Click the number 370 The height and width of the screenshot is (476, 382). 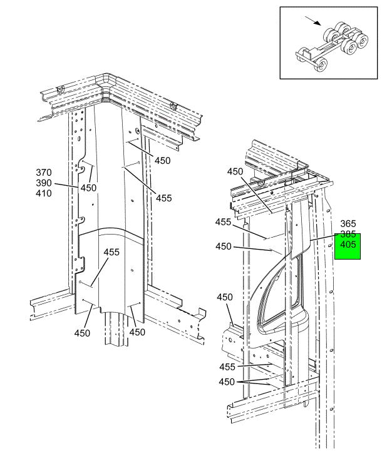(x=44, y=173)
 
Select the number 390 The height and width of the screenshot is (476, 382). (x=44, y=183)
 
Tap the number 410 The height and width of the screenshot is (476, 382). (x=44, y=193)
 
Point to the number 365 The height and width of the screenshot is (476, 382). (x=348, y=224)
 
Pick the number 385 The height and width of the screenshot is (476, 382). (x=348, y=234)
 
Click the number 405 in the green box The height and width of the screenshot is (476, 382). (x=348, y=245)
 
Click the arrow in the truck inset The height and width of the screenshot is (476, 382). (x=313, y=21)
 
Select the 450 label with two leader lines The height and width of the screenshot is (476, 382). (x=227, y=382)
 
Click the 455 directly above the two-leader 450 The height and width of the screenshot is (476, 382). (x=227, y=367)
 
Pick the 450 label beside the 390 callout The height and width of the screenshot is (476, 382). (x=88, y=188)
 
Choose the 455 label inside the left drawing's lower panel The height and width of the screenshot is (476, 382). (x=112, y=252)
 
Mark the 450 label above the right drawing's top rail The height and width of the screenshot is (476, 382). (x=235, y=171)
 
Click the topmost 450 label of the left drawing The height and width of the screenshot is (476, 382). (x=163, y=161)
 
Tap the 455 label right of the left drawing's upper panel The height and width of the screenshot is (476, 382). (x=164, y=198)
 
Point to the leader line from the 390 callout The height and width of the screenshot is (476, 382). (x=66, y=185)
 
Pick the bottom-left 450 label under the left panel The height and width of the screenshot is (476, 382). (x=82, y=333)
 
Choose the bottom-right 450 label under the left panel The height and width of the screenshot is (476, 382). (x=137, y=332)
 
